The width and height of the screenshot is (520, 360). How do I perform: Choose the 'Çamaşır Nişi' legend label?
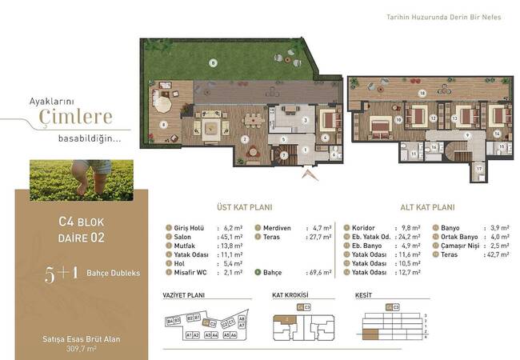[x=459, y=246]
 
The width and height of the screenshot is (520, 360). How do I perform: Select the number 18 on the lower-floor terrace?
[x=422, y=93]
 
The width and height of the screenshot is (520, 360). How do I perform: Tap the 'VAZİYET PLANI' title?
[x=184, y=295]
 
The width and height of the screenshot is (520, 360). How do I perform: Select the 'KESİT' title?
[x=365, y=295]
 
